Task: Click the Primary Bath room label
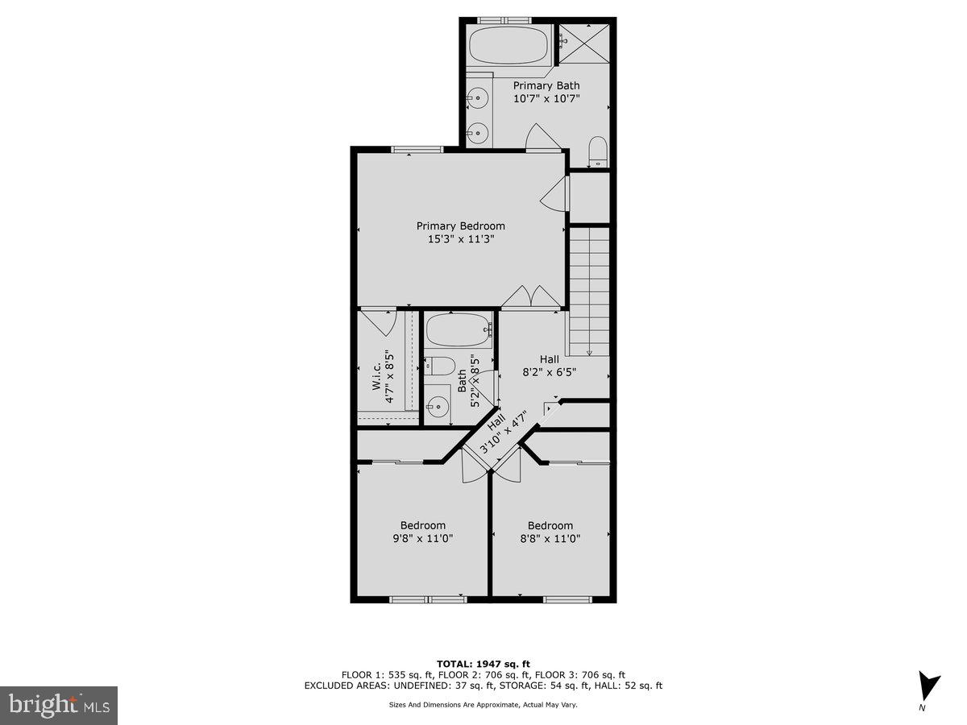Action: coord(546,85)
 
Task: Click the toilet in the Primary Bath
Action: coord(597,151)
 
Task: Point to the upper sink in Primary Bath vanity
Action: coord(478,99)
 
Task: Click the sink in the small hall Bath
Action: coord(438,405)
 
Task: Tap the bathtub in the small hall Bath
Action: coord(458,330)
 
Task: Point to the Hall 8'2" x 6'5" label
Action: coord(549,366)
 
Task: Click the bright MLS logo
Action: coord(58,706)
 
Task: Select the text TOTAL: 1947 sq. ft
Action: coord(483,663)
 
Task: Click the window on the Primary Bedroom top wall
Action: coord(417,149)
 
